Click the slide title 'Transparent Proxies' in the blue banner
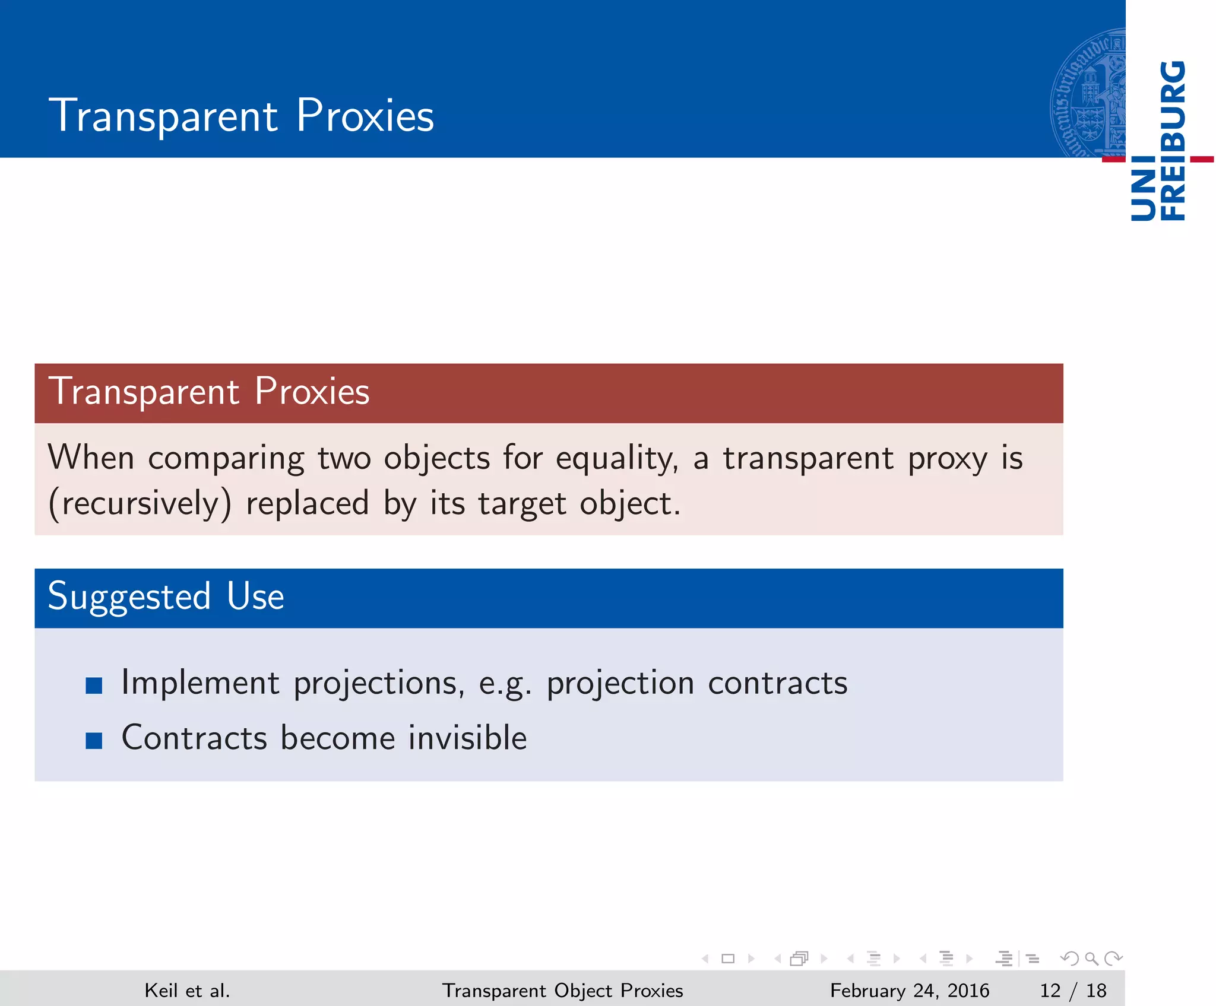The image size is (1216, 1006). pyautogui.click(x=241, y=115)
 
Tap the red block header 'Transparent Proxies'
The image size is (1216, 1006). pyautogui.click(x=208, y=392)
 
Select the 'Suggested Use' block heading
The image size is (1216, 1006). pyautogui.click(x=166, y=596)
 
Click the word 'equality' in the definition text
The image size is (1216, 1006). pyautogui.click(x=615, y=459)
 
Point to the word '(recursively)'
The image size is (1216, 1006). pyautogui.click(x=140, y=504)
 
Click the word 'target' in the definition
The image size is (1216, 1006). pyautogui.click(x=522, y=504)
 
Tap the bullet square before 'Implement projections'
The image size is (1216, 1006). pyautogui.click(x=94, y=686)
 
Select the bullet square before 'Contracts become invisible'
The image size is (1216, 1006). pyautogui.click(x=94, y=740)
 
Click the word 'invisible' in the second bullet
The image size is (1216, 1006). pyautogui.click(x=467, y=738)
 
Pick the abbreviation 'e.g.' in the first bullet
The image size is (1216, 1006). pyautogui.click(x=504, y=684)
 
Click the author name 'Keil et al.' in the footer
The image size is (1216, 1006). pyautogui.click(x=187, y=990)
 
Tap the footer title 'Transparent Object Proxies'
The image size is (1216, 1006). pyautogui.click(x=562, y=990)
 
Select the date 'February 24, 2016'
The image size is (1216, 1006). pyautogui.click(x=909, y=990)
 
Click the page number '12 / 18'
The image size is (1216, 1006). pyautogui.click(x=1073, y=990)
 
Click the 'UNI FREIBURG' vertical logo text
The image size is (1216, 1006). pyautogui.click(x=1158, y=141)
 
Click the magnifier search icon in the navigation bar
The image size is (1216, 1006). pyautogui.click(x=1091, y=959)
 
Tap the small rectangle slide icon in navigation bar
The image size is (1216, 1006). pyautogui.click(x=728, y=959)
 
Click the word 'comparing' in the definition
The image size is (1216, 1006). pyautogui.click(x=226, y=459)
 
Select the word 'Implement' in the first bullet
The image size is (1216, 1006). pyautogui.click(x=200, y=683)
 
